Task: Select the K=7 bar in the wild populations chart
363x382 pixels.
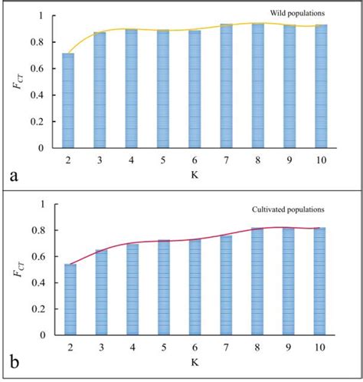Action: point(227,86)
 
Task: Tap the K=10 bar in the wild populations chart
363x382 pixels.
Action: point(321,86)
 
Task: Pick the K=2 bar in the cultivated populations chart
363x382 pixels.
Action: point(70,300)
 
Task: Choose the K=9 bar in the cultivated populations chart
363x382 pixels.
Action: point(289,282)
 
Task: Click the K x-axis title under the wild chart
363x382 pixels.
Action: point(195,176)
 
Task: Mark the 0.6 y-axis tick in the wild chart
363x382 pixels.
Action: point(37,69)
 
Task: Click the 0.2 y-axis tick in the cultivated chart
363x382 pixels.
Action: point(37,309)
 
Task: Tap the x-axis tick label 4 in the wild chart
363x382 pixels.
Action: point(132,161)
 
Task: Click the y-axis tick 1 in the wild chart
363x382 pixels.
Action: point(41,16)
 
